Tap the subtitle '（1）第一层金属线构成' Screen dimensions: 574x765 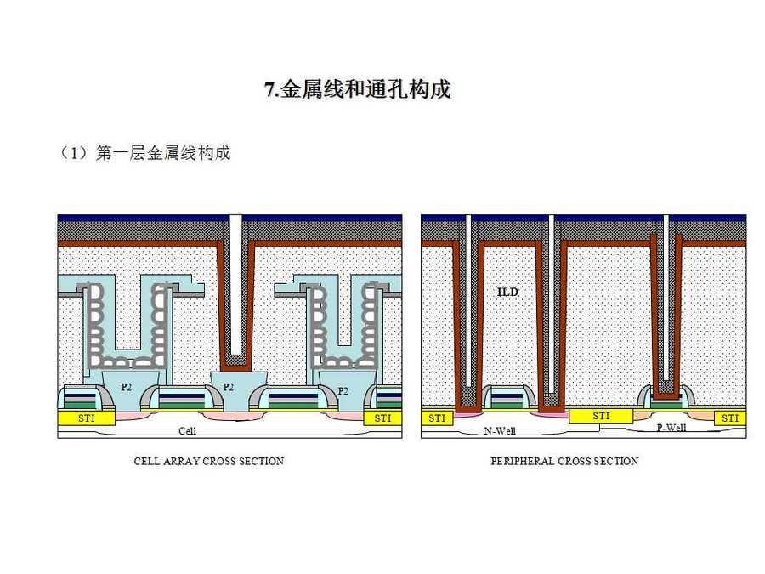tap(144, 153)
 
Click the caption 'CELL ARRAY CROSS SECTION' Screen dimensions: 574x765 tap(209, 461)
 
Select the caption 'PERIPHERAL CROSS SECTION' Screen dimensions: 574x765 tap(564, 461)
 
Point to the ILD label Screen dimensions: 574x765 tap(507, 292)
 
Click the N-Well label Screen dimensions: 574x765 tap(500, 430)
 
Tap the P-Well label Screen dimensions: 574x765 tap(671, 428)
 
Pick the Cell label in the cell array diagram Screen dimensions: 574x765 tap(188, 431)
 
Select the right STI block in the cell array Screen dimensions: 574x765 tap(382, 418)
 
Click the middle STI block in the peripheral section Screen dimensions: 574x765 tap(601, 416)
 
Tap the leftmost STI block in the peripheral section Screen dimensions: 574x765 tap(437, 418)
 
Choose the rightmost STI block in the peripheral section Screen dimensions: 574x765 tap(729, 418)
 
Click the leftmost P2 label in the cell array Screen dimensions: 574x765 tap(126, 387)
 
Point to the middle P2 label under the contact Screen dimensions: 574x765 tap(229, 387)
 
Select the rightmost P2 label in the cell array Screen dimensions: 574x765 tap(343, 391)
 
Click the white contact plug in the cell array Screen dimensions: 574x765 tap(236, 281)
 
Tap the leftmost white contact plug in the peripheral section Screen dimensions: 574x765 tap(467, 298)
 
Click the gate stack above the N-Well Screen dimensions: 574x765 tap(507, 397)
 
